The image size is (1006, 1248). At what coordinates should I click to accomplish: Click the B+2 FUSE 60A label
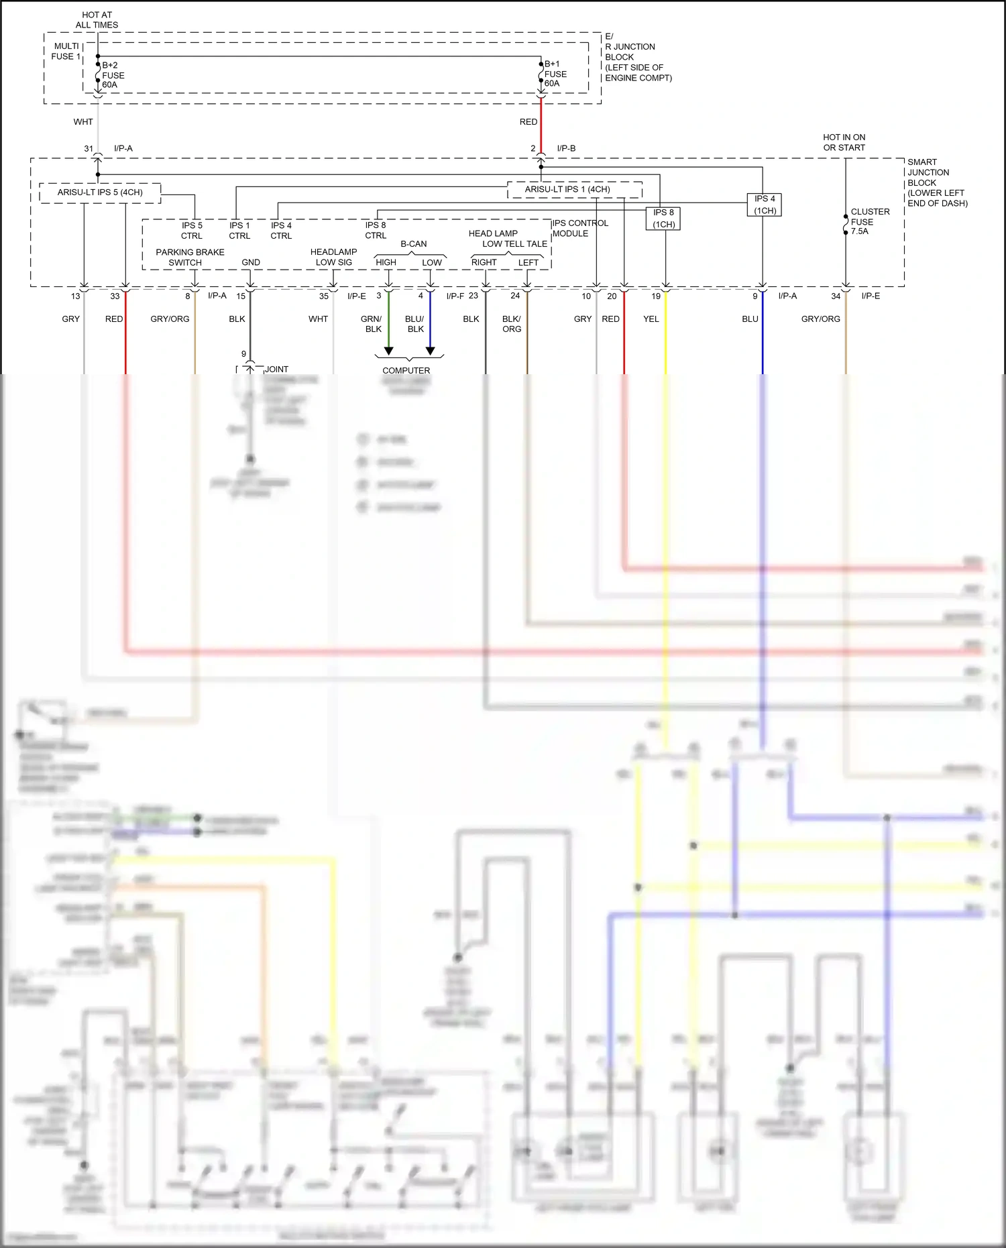pyautogui.click(x=113, y=75)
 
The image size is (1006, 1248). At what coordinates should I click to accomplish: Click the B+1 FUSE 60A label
pyautogui.click(x=555, y=74)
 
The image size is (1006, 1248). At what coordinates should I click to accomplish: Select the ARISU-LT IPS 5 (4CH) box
pyautogui.click(x=100, y=192)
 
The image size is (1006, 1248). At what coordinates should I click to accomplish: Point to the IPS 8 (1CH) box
pyautogui.click(x=663, y=218)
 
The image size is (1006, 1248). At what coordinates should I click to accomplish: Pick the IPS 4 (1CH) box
pyautogui.click(x=765, y=205)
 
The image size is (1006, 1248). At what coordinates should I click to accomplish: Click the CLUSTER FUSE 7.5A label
pyautogui.click(x=869, y=221)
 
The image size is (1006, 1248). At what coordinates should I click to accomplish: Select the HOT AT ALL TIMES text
pyautogui.click(x=97, y=19)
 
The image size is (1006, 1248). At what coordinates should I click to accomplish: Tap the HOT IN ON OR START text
pyautogui.click(x=844, y=142)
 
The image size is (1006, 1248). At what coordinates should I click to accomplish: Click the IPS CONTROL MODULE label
pyautogui.click(x=580, y=228)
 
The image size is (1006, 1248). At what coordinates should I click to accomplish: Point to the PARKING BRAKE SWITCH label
pyautogui.click(x=189, y=258)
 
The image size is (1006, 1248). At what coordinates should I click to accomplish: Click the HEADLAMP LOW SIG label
pyautogui.click(x=333, y=257)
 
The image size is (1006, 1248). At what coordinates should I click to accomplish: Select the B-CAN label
pyautogui.click(x=413, y=244)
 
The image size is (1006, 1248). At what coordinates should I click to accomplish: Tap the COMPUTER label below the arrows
pyautogui.click(x=406, y=370)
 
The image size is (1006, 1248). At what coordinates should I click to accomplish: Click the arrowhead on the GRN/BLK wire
pyautogui.click(x=388, y=351)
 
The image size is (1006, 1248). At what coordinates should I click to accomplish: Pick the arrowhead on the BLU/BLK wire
pyautogui.click(x=431, y=351)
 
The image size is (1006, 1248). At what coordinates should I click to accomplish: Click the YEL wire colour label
pyautogui.click(x=651, y=319)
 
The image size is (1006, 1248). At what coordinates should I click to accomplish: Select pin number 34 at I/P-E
pyautogui.click(x=836, y=296)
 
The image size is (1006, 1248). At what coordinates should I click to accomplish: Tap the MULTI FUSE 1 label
pyautogui.click(x=66, y=51)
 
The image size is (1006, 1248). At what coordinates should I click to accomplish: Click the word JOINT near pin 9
pyautogui.click(x=276, y=370)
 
